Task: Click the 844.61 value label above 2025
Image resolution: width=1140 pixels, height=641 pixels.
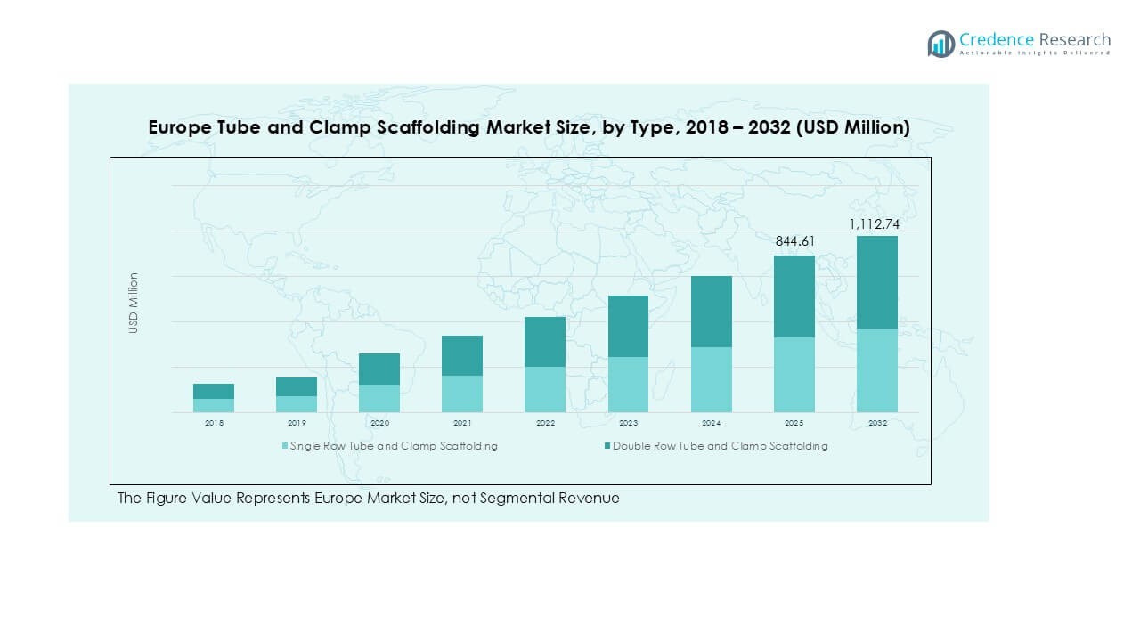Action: tap(794, 241)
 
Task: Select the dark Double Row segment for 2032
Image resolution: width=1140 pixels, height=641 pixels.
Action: tap(877, 282)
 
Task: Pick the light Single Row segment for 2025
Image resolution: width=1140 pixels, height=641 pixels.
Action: tap(794, 374)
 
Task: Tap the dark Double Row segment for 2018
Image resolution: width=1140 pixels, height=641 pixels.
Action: tap(214, 391)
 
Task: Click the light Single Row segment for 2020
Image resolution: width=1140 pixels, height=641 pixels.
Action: tap(379, 399)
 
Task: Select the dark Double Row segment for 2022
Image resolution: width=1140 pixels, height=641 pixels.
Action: tap(545, 342)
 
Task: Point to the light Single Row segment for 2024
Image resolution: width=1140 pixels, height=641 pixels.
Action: tap(711, 379)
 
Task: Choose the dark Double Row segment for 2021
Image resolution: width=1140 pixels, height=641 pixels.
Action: tap(462, 355)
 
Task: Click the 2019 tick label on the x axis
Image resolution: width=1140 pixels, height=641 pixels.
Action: tap(297, 423)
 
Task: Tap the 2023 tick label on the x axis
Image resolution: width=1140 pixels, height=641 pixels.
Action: tap(628, 423)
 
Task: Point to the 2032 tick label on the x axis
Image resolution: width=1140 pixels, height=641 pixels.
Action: tap(877, 423)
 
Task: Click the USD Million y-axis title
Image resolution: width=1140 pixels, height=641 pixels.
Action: tap(134, 303)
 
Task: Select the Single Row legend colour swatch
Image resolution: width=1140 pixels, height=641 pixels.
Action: tap(285, 446)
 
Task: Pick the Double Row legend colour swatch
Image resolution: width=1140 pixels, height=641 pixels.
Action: tap(607, 446)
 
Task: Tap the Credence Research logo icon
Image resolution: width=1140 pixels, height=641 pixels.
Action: tap(940, 44)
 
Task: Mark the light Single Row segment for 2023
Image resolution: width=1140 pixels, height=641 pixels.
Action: tap(628, 385)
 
